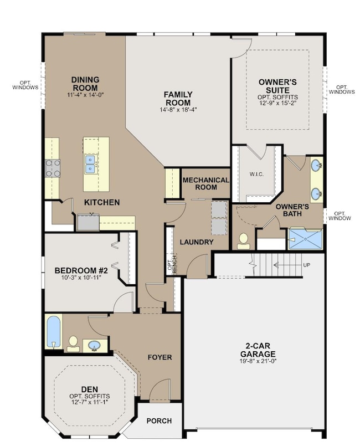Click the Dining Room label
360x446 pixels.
click(85, 84)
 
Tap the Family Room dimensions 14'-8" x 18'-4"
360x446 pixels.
click(178, 109)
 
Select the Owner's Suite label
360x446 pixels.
click(277, 86)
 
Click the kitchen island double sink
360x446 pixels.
click(91, 165)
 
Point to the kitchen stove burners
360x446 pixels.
click(53, 168)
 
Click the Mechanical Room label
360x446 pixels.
click(206, 183)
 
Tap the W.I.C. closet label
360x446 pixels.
click(256, 174)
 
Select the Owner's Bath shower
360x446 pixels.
click(305, 239)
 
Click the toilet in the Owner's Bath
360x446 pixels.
click(243, 241)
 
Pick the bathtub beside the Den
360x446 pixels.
click(54, 332)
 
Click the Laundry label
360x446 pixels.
click(197, 242)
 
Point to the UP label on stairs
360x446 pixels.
click(306, 265)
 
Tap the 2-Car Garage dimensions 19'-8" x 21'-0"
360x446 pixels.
click(258, 361)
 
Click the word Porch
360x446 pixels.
click(160, 421)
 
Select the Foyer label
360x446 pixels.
click(160, 357)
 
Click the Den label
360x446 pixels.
click(90, 389)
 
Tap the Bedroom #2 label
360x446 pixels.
click(81, 270)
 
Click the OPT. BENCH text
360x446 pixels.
click(172, 265)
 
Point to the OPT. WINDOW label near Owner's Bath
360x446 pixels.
click(340, 216)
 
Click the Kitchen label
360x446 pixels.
click(102, 202)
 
